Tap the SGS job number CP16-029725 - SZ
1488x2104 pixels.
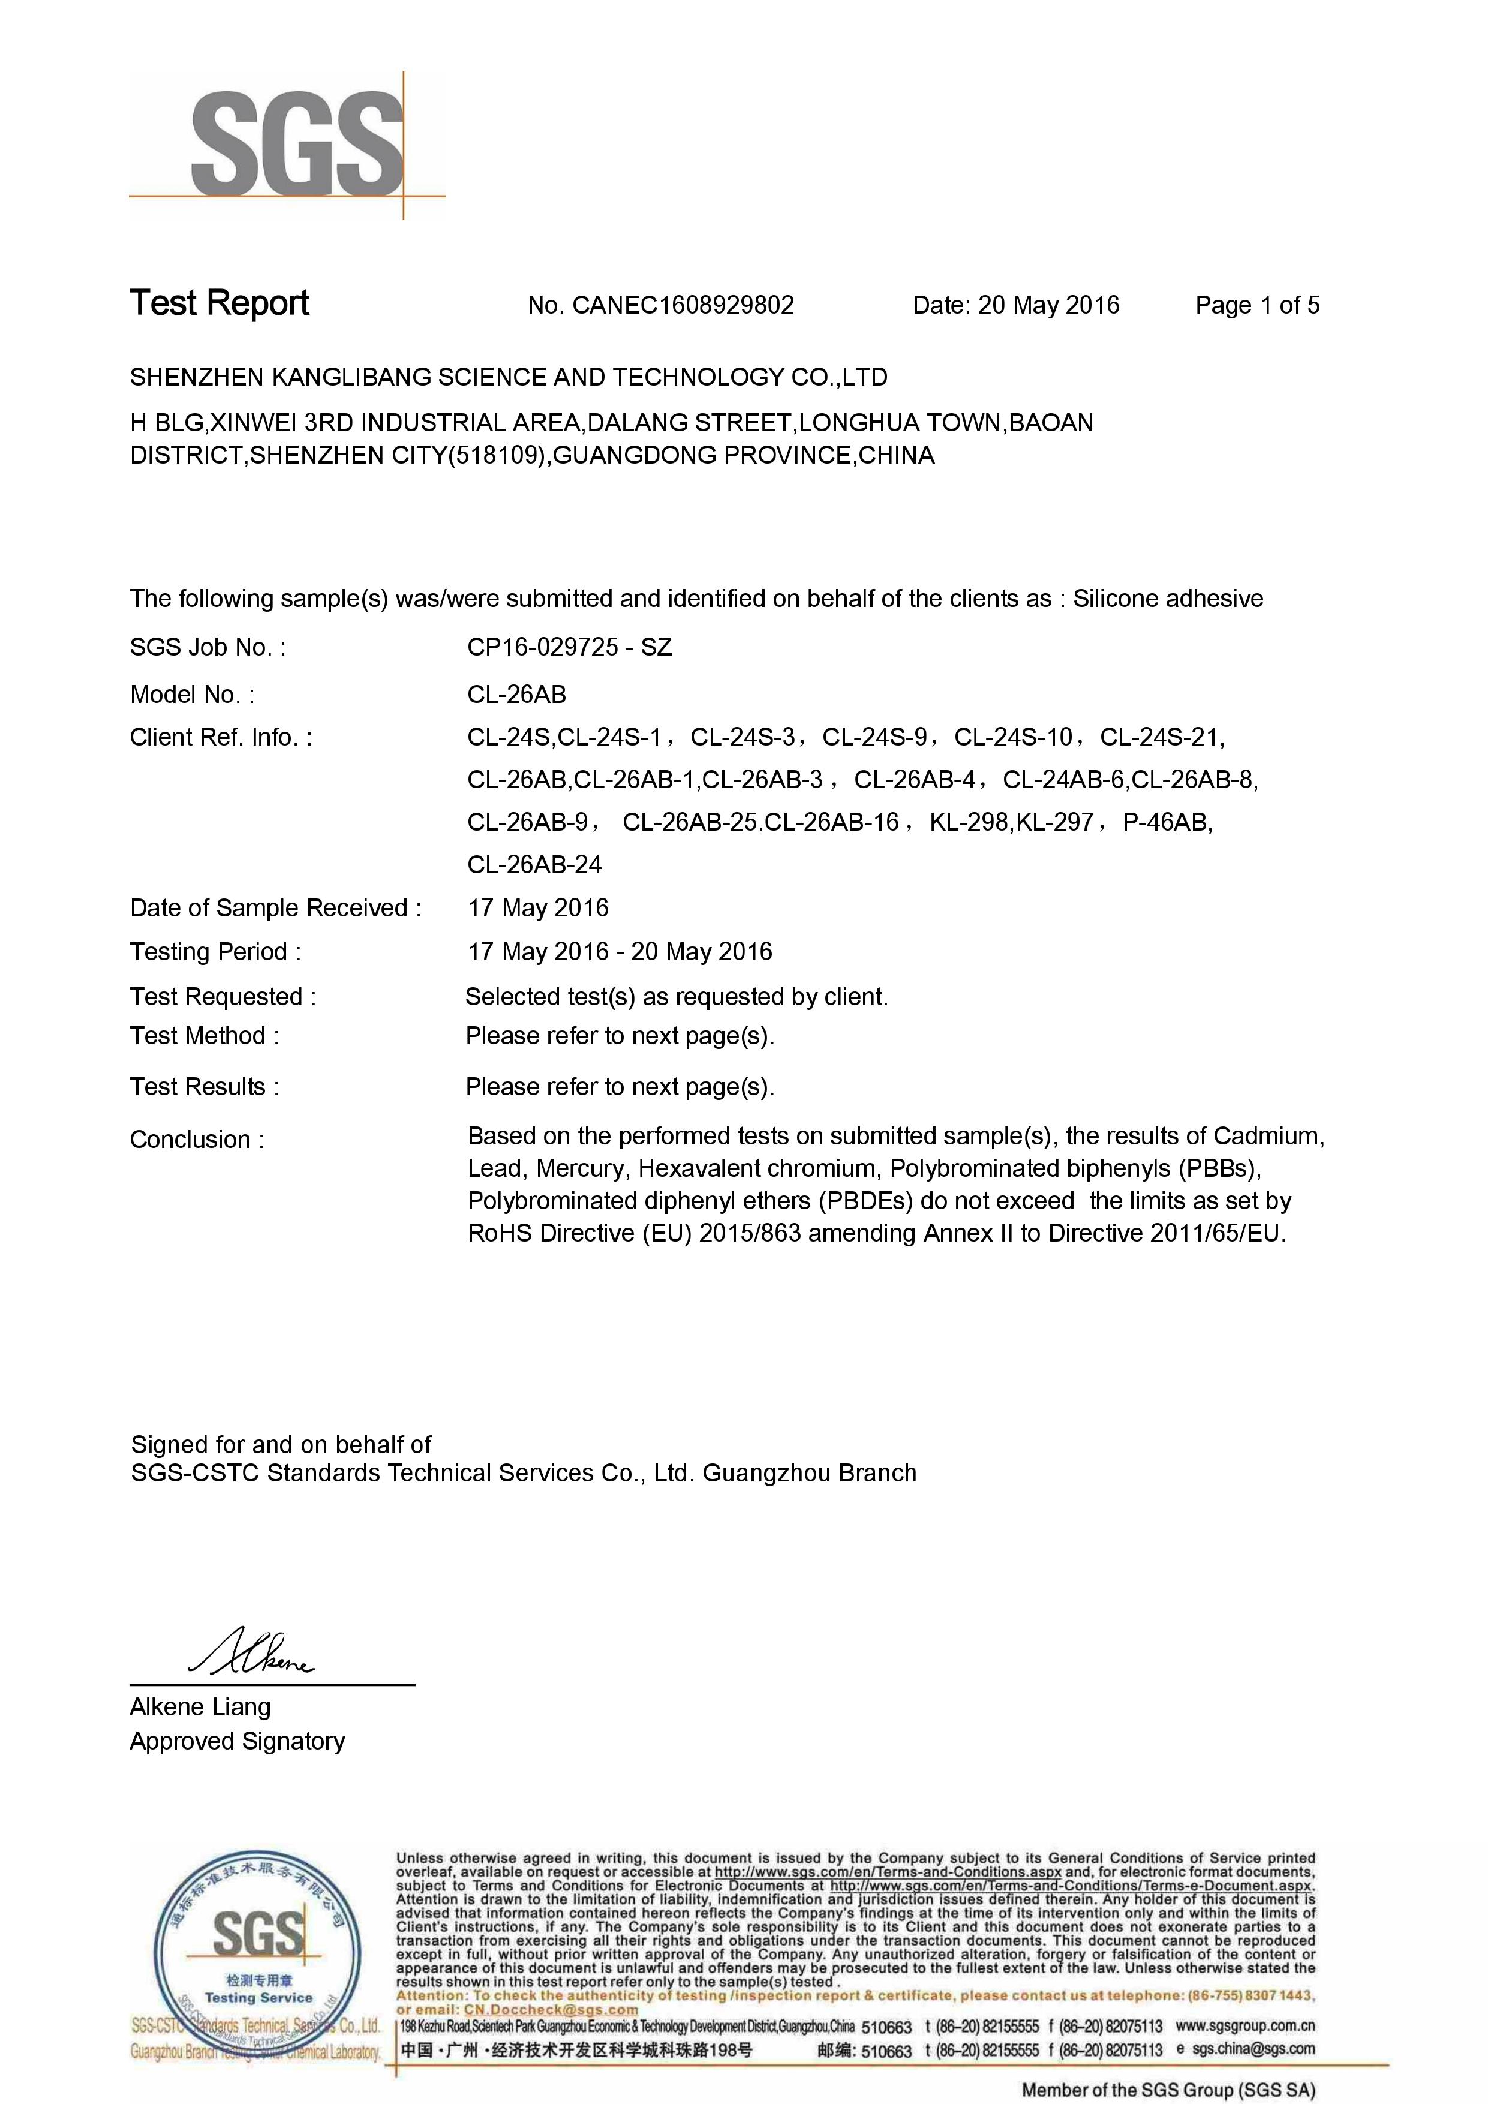coord(569,647)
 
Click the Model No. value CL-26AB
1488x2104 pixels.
coord(517,694)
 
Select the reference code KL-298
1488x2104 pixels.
coord(969,822)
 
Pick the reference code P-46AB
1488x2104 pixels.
coord(1165,822)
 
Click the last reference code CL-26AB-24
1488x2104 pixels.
coord(534,864)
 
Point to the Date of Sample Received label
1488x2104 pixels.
coord(275,908)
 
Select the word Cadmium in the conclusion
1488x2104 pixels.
coord(1269,1137)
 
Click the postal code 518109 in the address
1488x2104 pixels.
coord(495,455)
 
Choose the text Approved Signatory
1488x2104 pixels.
coord(238,1741)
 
